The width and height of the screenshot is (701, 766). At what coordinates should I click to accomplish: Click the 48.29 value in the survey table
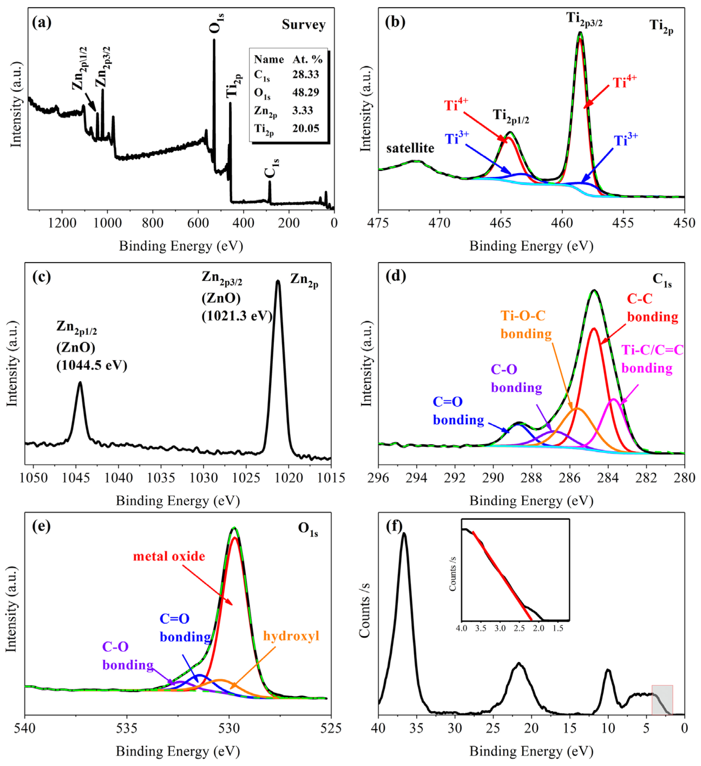[x=305, y=92]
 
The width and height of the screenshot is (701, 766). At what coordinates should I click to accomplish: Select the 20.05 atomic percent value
[x=305, y=128]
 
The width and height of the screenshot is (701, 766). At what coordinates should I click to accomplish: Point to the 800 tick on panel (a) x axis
[x=152, y=223]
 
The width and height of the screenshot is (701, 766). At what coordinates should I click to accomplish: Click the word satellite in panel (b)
[x=410, y=148]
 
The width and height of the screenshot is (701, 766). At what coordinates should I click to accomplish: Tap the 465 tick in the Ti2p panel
[x=501, y=223]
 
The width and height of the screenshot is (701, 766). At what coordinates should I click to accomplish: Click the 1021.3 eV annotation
[x=237, y=316]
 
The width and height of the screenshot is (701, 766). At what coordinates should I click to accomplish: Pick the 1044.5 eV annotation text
[x=92, y=365]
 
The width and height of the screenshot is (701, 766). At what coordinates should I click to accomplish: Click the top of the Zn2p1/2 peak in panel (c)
[x=80, y=383]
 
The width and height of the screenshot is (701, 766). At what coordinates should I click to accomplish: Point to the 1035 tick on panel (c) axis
[x=161, y=478]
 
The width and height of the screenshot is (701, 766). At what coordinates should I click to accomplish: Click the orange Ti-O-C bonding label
[x=525, y=324]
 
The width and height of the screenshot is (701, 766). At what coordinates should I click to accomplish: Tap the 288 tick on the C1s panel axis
[x=531, y=478]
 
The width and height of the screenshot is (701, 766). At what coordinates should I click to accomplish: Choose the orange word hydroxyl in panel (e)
[x=291, y=636]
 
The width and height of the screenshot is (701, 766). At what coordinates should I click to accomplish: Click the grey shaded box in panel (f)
[x=662, y=700]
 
